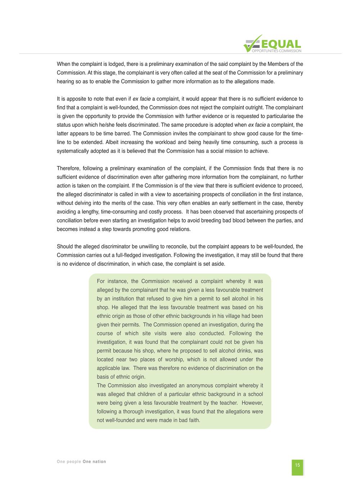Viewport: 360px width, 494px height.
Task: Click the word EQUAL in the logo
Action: click(282, 44)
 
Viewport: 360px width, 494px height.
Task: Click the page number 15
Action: click(297, 465)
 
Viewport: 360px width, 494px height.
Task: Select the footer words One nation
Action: click(94, 462)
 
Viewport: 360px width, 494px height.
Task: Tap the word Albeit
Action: click(113, 142)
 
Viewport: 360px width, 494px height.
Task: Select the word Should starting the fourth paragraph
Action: click(65, 247)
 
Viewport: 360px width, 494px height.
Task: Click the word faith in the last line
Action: click(194, 420)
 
